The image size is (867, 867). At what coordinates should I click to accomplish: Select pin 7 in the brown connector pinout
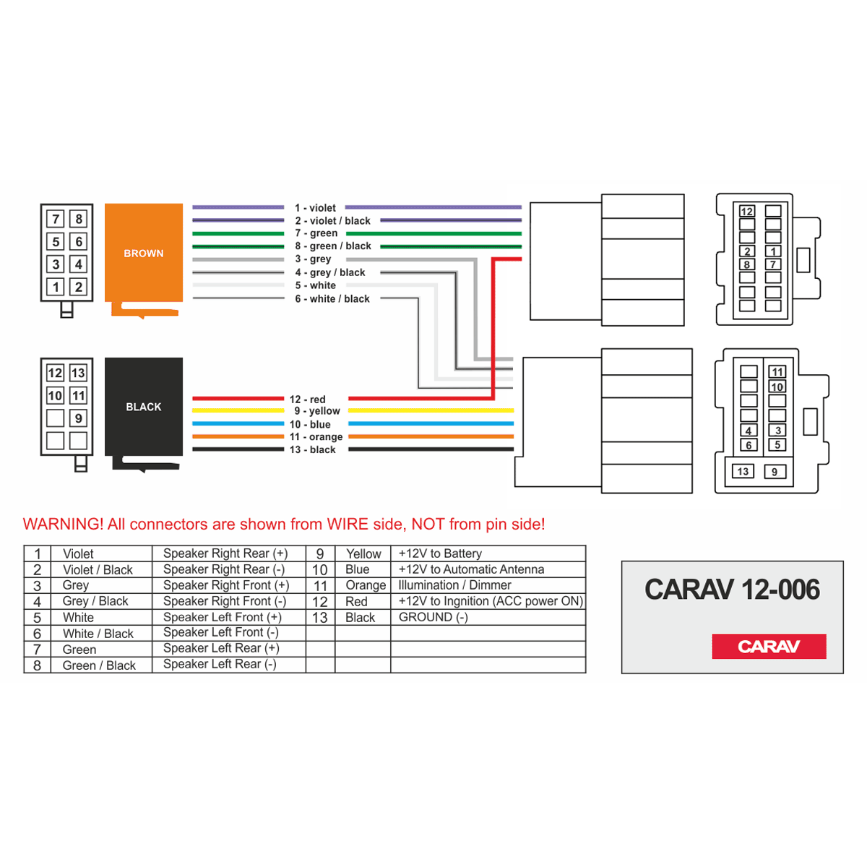pyautogui.click(x=56, y=219)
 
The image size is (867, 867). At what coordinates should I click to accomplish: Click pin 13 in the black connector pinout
pyautogui.click(x=78, y=373)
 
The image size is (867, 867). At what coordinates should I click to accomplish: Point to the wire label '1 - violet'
pyautogui.click(x=315, y=208)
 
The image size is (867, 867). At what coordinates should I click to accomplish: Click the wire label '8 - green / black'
pyautogui.click(x=333, y=246)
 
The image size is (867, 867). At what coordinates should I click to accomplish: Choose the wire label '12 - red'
pyautogui.click(x=307, y=399)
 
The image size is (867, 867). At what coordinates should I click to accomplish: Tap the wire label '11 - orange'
pyautogui.click(x=316, y=436)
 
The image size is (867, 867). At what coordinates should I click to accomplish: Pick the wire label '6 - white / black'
pyautogui.click(x=332, y=298)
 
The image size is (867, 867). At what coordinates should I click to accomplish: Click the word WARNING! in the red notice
pyautogui.click(x=63, y=524)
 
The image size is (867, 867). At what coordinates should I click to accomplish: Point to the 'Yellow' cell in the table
pyautogui.click(x=363, y=553)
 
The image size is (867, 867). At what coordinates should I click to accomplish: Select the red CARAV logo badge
pyautogui.click(x=769, y=646)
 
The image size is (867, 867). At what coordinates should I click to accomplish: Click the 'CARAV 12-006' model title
pyautogui.click(x=732, y=590)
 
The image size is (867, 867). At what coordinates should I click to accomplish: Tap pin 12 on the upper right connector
pyautogui.click(x=747, y=212)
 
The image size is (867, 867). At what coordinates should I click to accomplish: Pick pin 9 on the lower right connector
pyautogui.click(x=775, y=472)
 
